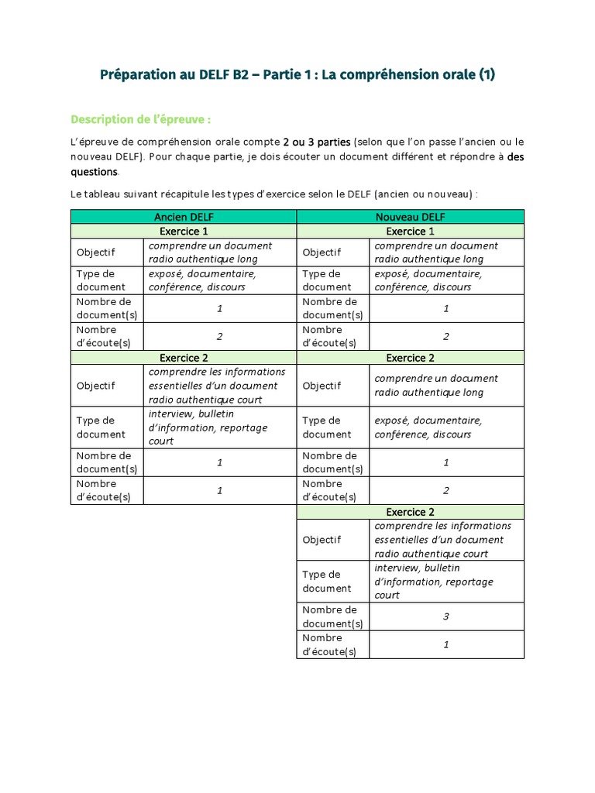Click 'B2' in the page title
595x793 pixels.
[x=242, y=75]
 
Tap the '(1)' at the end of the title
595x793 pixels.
[x=486, y=75]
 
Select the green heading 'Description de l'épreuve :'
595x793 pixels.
[x=140, y=119]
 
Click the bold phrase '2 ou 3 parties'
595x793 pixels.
[x=317, y=142]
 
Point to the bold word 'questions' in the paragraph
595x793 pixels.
[x=95, y=172]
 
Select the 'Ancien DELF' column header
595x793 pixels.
[x=184, y=217]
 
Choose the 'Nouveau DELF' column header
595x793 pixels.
[x=410, y=217]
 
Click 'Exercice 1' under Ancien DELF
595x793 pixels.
[x=184, y=231]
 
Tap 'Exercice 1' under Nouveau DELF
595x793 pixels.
[x=410, y=231]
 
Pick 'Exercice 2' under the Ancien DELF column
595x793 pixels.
[x=184, y=358]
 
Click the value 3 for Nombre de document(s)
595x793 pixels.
[x=446, y=616]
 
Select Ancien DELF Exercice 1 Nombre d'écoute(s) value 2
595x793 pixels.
[x=219, y=336]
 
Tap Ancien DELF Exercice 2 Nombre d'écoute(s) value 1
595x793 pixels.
[x=219, y=490]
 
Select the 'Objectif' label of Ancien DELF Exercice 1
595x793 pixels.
[x=95, y=252]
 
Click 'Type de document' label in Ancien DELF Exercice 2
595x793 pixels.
[x=95, y=427]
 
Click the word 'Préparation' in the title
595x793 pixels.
[x=139, y=75]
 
